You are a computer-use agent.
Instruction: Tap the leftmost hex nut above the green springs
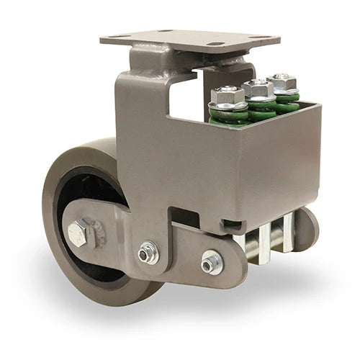pos(227,94)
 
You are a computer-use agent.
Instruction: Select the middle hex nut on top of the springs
pos(258,89)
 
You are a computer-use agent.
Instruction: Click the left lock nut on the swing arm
pos(149,251)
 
